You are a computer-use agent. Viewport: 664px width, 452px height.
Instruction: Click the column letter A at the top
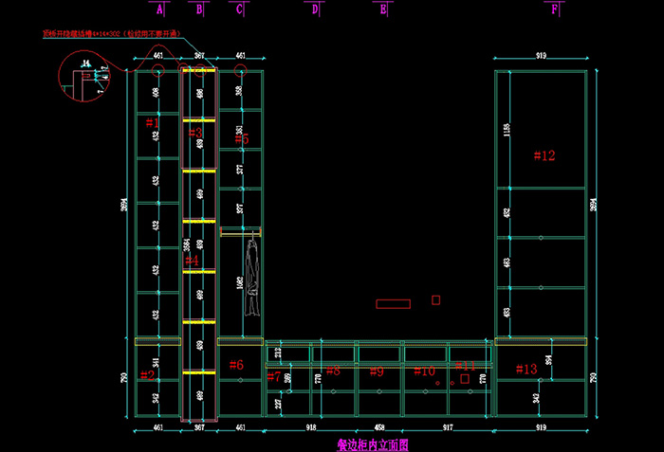[159, 9]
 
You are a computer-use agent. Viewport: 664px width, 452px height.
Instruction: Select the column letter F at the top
[555, 9]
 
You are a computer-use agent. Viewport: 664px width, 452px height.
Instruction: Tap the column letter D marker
[315, 9]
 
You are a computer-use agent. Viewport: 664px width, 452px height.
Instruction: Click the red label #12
[544, 155]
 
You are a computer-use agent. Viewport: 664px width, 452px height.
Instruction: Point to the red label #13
[526, 369]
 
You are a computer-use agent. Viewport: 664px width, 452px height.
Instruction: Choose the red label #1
[153, 122]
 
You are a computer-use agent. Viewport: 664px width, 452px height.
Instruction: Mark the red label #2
[148, 375]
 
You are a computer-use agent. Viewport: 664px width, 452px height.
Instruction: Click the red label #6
[236, 365]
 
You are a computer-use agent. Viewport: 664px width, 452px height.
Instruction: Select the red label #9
[376, 371]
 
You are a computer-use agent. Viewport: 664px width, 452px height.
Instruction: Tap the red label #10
[425, 371]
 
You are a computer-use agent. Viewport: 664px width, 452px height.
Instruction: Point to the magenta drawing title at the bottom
[372, 443]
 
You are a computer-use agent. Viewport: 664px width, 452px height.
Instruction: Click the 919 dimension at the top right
[542, 57]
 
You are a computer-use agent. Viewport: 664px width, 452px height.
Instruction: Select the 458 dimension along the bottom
[378, 428]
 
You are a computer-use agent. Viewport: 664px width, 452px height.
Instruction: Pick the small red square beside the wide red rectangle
[436, 299]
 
